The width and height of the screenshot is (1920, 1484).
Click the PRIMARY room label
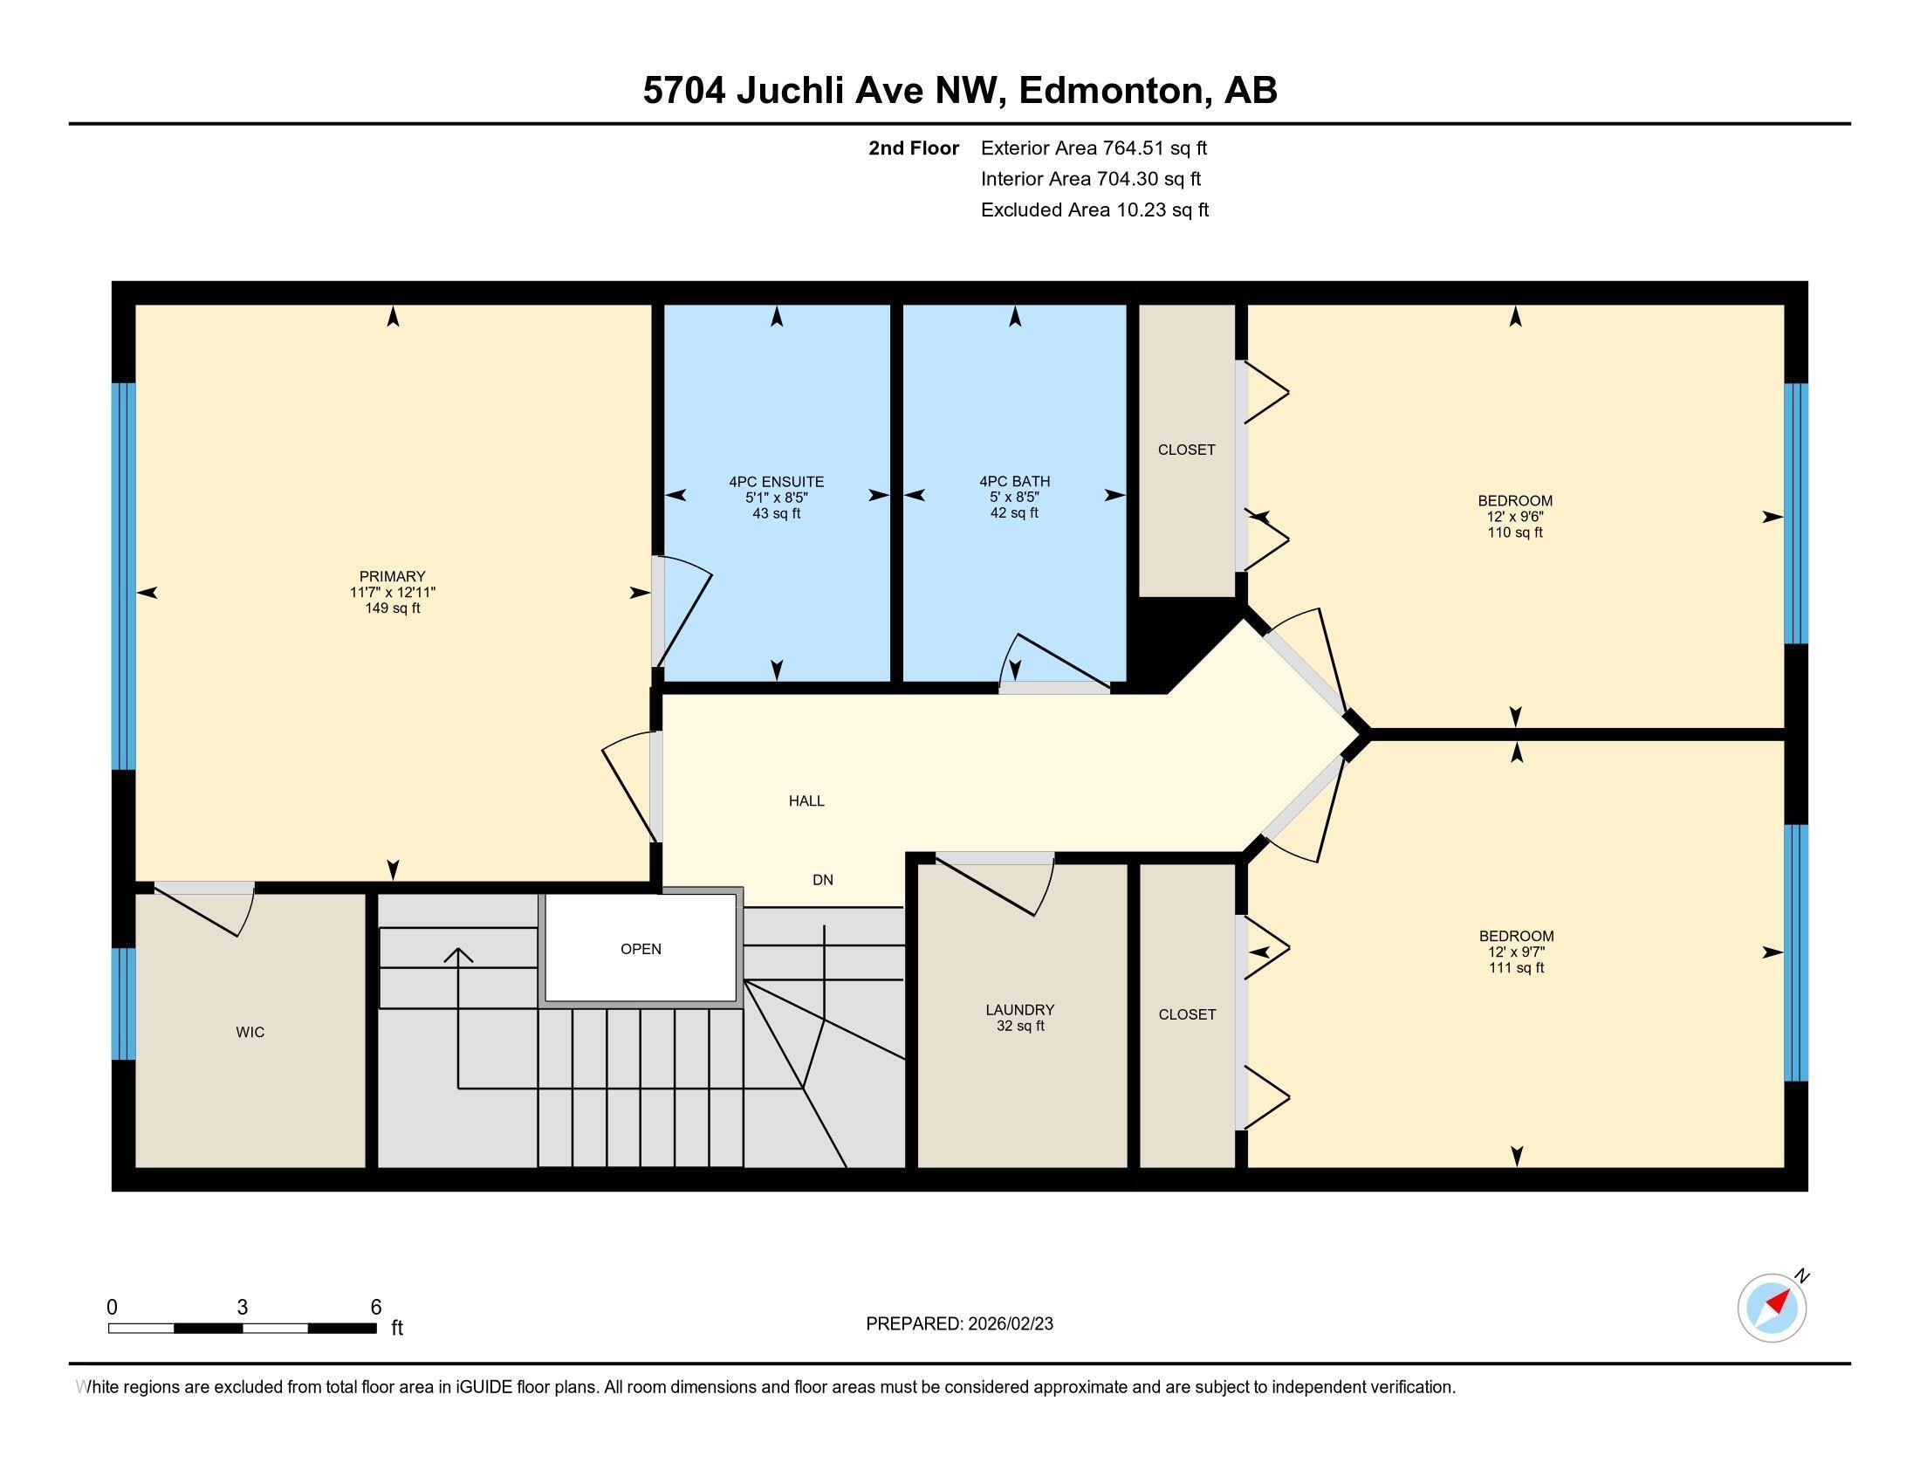392,577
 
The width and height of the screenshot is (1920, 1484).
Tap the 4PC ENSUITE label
776,482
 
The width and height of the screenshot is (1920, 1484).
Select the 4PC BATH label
1014,481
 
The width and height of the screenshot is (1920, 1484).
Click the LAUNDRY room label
1019,1010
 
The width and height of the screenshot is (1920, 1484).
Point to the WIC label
250,1032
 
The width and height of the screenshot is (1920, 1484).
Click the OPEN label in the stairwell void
641,949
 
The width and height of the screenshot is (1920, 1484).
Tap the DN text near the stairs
823,880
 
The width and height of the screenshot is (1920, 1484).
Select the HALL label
806,800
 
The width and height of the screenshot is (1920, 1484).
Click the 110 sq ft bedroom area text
1515,532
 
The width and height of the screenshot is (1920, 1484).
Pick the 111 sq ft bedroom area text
1516,968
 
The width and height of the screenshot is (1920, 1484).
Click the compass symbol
1772,1308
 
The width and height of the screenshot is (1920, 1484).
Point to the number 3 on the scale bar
243,1308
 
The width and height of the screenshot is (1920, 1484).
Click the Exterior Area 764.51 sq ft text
1094,148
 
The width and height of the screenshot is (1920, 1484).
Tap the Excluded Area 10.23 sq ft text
1094,210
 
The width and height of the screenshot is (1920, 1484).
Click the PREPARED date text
959,1324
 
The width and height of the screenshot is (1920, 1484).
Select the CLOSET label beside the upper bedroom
1186,450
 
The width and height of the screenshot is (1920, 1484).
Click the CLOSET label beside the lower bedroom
1187,1014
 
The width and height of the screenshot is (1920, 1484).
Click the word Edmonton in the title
1112,91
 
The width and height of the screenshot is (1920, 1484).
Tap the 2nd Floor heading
914,148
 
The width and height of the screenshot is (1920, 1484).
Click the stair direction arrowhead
458,954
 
